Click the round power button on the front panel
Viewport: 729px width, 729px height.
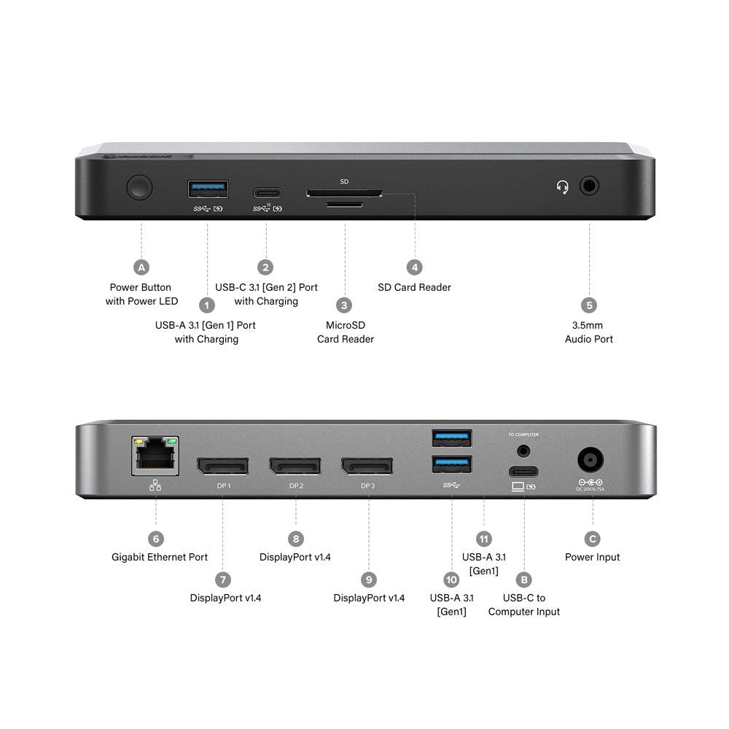[139, 187]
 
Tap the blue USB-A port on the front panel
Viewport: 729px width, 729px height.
[208, 190]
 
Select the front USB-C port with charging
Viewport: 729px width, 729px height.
[267, 193]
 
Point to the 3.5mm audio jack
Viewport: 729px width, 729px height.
[590, 186]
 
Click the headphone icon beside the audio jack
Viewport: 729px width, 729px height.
[562, 188]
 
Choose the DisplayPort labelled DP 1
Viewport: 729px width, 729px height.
[222, 466]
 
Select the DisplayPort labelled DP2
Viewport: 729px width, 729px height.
[295, 466]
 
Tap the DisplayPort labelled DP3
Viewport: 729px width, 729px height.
[367, 466]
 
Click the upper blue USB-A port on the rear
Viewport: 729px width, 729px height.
[451, 438]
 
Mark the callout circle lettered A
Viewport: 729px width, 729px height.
[141, 267]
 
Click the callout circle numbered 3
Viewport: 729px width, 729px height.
[345, 305]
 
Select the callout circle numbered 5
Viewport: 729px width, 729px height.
[589, 305]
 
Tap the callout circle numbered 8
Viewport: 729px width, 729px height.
[295, 539]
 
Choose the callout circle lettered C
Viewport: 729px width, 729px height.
[593, 539]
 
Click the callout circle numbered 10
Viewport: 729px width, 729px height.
[451, 580]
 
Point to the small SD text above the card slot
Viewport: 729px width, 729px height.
[345, 181]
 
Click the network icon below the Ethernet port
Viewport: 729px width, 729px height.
[155, 486]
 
